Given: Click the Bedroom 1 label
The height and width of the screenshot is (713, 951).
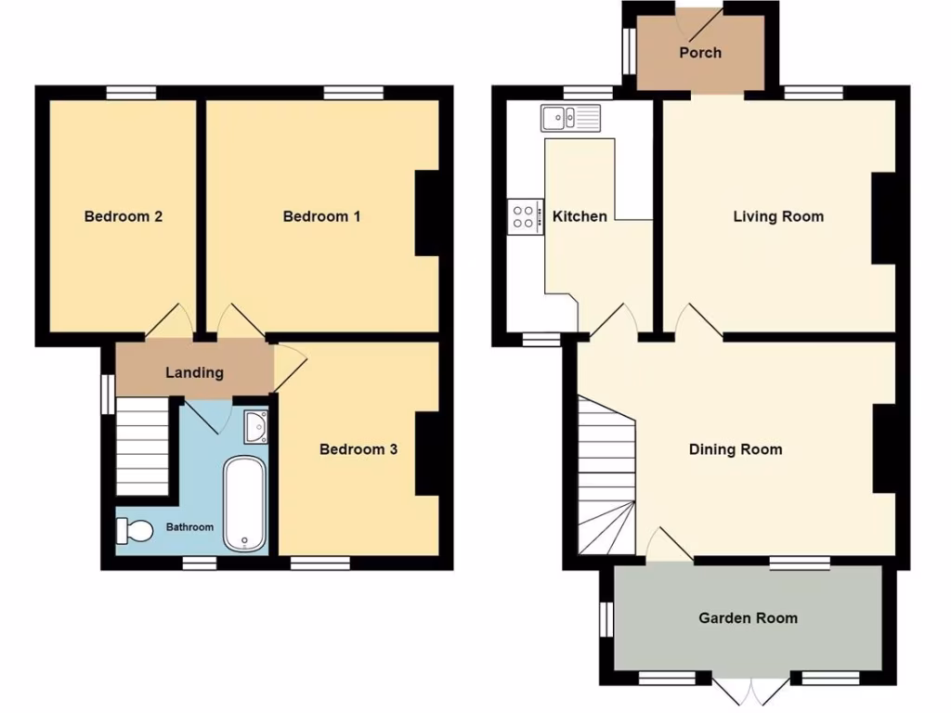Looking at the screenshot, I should tap(321, 216).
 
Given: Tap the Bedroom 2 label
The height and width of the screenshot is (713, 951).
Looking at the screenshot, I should tap(124, 216).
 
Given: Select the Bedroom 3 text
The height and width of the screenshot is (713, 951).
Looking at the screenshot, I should tap(358, 449).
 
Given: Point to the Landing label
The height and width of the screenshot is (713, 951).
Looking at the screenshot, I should tap(194, 372).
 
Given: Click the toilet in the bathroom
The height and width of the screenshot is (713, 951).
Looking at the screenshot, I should tap(136, 530).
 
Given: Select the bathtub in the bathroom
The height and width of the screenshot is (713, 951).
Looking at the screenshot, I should tap(244, 503).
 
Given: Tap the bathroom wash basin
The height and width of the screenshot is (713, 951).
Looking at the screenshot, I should tap(256, 426).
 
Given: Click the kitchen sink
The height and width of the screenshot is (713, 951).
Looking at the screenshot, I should tap(570, 118).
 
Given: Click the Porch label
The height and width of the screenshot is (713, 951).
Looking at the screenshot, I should tap(700, 52).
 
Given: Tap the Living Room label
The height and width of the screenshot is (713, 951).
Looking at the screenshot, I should tap(778, 216).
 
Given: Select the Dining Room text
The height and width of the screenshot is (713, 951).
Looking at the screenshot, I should tap(736, 449).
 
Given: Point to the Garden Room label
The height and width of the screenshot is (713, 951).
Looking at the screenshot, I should tap(748, 617).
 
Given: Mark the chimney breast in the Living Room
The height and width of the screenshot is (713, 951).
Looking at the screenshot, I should tap(883, 219).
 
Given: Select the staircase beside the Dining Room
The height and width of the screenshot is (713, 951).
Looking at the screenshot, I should tap(606, 473).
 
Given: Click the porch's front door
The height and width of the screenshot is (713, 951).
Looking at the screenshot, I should tap(702, 19).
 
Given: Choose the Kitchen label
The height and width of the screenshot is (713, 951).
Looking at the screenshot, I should tap(580, 216).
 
